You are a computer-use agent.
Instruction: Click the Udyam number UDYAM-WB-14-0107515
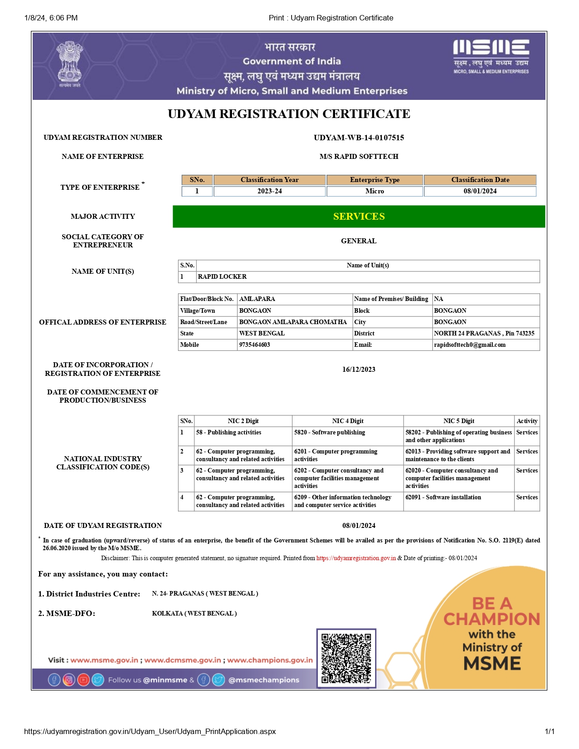pyautogui.click(x=359, y=138)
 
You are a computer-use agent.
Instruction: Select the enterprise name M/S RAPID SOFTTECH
pyautogui.click(x=359, y=157)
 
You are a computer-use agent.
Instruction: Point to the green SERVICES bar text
pyautogui.click(x=359, y=217)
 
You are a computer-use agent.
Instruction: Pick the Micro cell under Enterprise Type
pyautogui.click(x=375, y=191)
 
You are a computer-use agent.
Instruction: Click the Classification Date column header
pyautogui.click(x=480, y=180)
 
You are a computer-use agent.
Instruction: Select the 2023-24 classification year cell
pyautogui.click(x=269, y=191)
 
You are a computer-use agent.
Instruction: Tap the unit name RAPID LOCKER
pyautogui.click(x=222, y=276)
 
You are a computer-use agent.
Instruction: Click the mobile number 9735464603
pyautogui.click(x=254, y=345)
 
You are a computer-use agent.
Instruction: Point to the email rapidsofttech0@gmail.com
pyautogui.click(x=470, y=345)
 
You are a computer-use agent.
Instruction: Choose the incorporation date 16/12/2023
pyautogui.click(x=359, y=370)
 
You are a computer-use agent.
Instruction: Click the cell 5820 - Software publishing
pyautogui.click(x=329, y=432)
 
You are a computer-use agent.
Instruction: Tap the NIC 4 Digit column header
pyautogui.click(x=347, y=421)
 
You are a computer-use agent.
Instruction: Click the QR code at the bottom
pyautogui.click(x=346, y=658)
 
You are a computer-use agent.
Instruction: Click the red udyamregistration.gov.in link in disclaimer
pyautogui.click(x=356, y=558)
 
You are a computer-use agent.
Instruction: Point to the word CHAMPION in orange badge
pyautogui.click(x=491, y=619)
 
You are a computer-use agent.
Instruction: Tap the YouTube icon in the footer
pyautogui.click(x=83, y=680)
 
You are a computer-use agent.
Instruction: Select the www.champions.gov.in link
pyautogui.click(x=270, y=660)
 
